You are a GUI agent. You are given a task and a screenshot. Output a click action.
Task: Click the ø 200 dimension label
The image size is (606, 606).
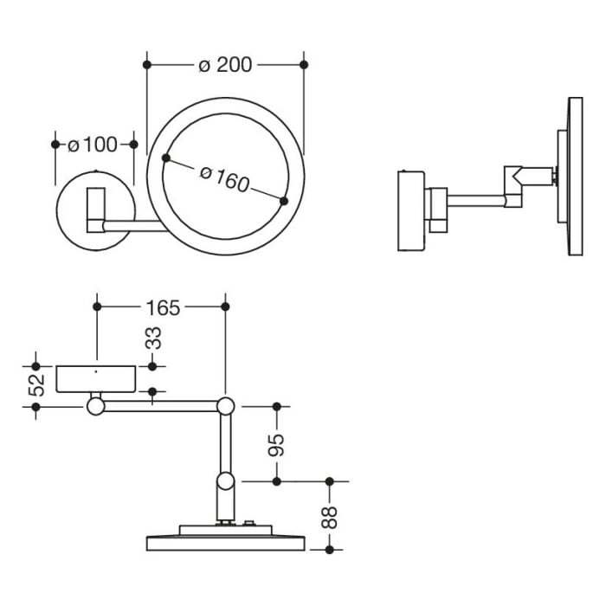(225, 66)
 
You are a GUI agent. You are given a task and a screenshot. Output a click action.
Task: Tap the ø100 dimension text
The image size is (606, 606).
(93, 145)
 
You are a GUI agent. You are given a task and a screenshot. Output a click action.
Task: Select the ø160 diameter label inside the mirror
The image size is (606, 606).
(224, 179)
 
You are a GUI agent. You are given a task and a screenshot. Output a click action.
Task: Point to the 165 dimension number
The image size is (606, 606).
(161, 307)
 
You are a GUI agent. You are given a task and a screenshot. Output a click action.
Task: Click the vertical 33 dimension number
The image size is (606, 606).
(153, 338)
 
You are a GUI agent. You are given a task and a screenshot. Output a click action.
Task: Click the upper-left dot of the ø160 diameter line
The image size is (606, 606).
(165, 158)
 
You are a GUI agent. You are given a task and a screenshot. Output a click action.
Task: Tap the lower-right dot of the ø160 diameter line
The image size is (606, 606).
(284, 201)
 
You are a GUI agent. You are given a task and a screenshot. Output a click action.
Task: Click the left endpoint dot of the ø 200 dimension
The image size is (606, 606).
(147, 65)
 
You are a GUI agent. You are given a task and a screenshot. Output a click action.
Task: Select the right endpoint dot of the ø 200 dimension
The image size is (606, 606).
(304, 65)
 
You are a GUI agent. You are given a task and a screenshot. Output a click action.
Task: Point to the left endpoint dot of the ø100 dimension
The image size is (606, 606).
(55, 145)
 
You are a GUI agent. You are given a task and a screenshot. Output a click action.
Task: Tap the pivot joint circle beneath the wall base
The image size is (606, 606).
(94, 404)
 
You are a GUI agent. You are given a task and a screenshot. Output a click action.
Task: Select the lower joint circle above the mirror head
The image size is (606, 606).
(225, 481)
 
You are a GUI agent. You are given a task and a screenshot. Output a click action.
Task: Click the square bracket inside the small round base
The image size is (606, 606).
(94, 210)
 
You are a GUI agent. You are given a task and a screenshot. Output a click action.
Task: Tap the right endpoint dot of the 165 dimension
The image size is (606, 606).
(225, 306)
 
